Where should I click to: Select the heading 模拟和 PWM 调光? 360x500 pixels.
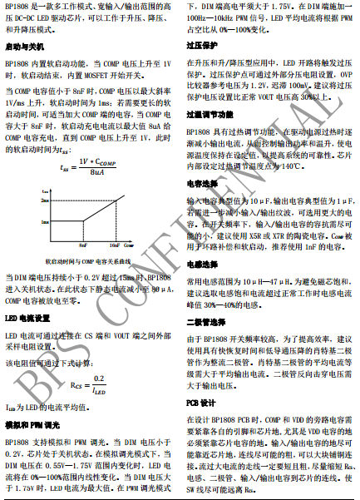click(32, 424)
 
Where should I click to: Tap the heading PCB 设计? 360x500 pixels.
click(200, 402)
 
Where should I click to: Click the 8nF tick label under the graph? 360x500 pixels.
click(83, 245)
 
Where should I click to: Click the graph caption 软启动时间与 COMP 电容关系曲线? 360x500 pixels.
click(88, 260)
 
